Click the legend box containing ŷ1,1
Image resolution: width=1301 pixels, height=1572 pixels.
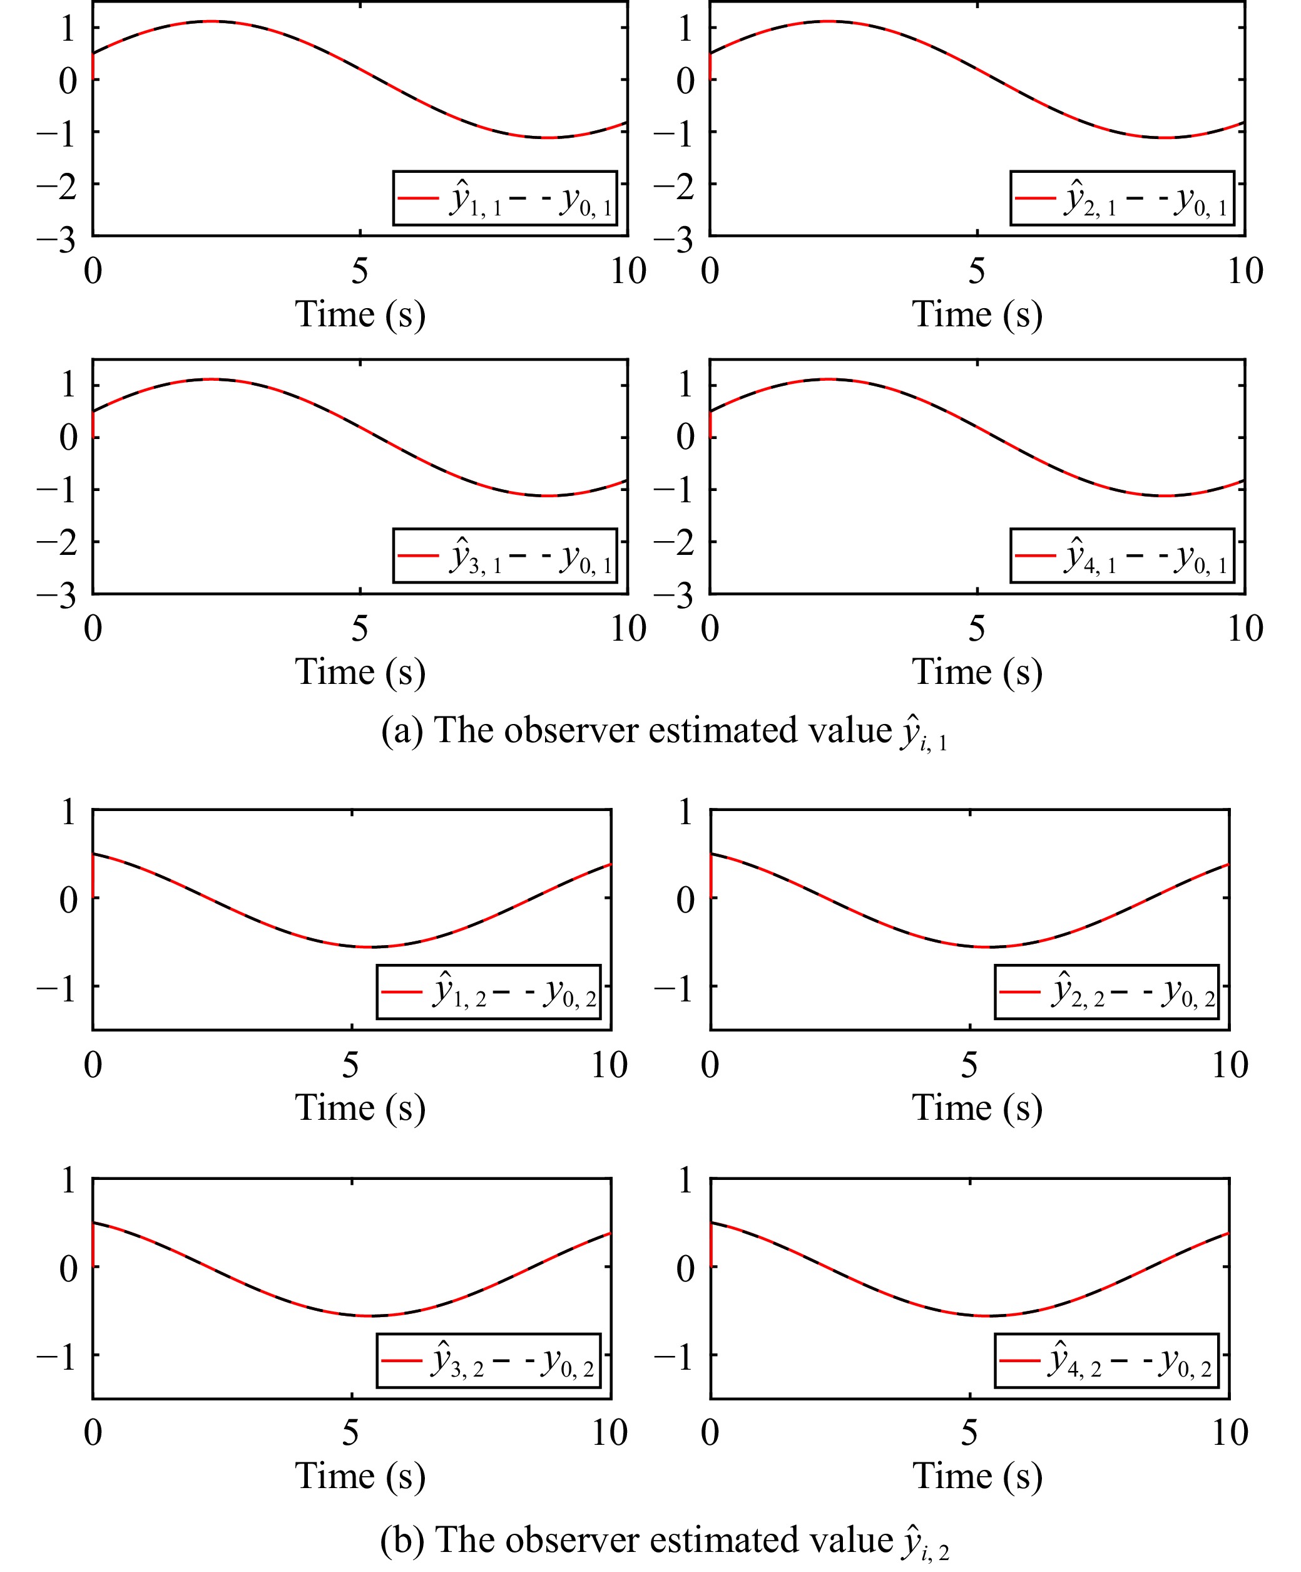(505, 199)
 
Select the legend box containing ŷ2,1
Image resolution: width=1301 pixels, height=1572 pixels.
(1121, 199)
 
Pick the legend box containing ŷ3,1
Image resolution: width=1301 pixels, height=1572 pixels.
(505, 556)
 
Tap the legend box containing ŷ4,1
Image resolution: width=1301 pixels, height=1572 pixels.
(1121, 556)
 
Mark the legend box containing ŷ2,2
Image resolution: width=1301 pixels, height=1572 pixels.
(1106, 992)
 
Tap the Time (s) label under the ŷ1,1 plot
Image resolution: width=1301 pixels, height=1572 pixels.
(360, 314)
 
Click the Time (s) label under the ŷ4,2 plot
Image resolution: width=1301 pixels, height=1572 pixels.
(977, 1476)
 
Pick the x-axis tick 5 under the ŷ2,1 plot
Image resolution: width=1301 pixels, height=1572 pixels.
(976, 271)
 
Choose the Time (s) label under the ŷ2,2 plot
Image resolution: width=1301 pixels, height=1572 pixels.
(977, 1107)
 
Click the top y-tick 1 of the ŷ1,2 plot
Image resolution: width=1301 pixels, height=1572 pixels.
(68, 812)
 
